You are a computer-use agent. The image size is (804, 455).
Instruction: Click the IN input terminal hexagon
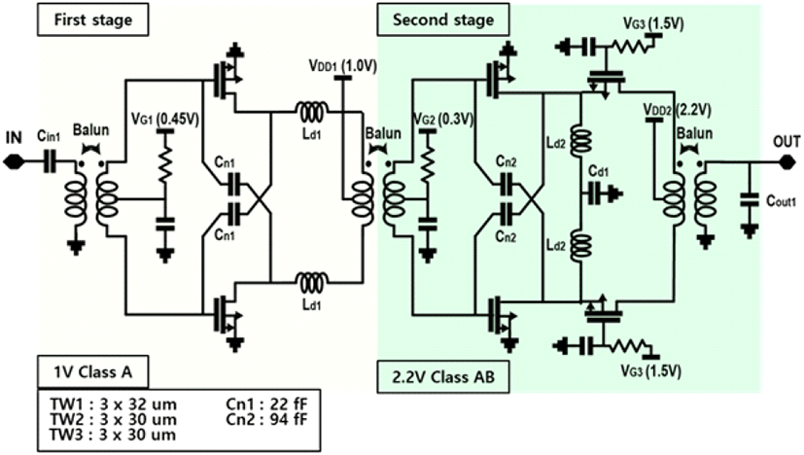point(13,162)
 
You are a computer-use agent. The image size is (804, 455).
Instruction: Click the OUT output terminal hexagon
point(787,162)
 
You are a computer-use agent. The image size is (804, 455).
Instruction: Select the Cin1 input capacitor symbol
point(50,162)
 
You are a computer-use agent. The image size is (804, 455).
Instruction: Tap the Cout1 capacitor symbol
point(750,200)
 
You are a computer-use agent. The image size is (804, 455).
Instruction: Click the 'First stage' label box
point(92,19)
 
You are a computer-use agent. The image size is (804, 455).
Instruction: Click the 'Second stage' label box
point(443,19)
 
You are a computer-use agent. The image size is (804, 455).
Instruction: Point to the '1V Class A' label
point(92,372)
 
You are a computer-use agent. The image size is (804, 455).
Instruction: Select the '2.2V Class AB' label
point(443,377)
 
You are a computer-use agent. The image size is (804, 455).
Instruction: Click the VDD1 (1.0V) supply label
point(342,66)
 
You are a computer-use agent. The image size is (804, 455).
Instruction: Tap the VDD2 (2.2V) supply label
point(677,110)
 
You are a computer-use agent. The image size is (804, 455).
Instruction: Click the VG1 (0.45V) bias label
point(165,119)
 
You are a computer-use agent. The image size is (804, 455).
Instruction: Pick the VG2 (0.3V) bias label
point(443,119)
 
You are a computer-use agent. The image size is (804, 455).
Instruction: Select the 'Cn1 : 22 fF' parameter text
point(266,403)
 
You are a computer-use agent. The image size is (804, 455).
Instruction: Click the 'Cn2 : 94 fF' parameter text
point(266,419)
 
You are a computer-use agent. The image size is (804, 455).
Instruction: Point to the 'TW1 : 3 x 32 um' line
point(113,403)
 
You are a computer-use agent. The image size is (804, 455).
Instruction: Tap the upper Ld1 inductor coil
point(311,111)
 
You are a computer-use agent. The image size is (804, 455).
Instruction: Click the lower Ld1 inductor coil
point(311,282)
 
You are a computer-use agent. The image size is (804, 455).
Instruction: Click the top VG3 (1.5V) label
point(653,23)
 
